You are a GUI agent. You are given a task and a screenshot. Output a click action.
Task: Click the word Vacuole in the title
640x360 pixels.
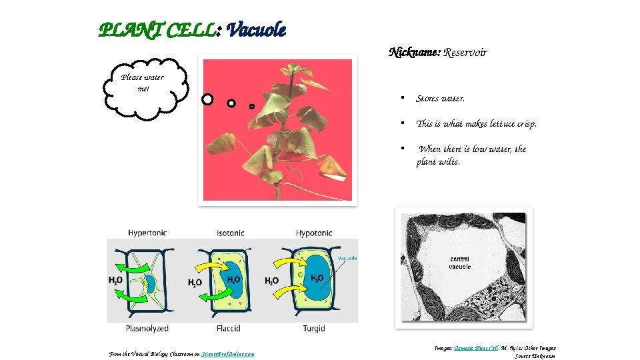click(256, 30)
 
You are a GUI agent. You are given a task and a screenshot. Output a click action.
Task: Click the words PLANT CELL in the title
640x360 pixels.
click(157, 30)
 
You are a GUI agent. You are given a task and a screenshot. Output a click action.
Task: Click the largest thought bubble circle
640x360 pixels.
click(207, 99)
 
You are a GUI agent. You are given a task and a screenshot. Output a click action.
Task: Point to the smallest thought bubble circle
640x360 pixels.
click(252, 106)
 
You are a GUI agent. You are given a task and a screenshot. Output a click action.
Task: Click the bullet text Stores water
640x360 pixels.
click(440, 99)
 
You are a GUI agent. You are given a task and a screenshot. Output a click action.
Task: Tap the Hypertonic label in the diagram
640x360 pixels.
click(147, 233)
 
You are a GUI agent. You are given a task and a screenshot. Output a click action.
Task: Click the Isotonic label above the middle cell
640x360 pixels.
click(230, 233)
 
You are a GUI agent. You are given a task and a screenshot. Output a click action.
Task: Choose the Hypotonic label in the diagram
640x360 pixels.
click(314, 233)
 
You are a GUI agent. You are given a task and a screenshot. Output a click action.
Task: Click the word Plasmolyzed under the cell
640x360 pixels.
click(147, 328)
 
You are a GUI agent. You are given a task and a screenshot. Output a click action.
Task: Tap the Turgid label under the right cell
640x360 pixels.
click(314, 328)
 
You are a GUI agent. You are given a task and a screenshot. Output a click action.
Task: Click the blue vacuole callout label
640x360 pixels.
click(347, 258)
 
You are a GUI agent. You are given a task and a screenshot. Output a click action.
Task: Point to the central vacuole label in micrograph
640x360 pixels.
click(460, 263)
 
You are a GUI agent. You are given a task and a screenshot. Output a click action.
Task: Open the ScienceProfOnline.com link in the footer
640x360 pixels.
click(227, 354)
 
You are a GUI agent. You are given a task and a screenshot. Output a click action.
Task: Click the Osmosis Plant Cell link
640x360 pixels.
click(476, 348)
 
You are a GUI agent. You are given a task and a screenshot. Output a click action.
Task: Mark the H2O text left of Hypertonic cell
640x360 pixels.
click(115, 281)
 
